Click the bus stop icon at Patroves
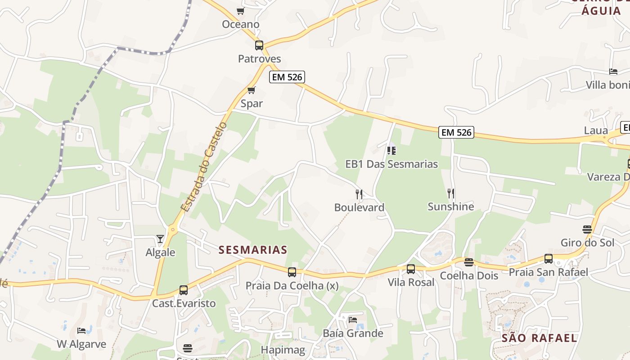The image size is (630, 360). click(x=259, y=45)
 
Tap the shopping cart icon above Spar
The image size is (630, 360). click(x=252, y=90)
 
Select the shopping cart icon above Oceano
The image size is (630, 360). click(x=241, y=11)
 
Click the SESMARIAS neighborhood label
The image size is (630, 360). click(x=253, y=250)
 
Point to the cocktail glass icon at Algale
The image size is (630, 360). click(x=160, y=238)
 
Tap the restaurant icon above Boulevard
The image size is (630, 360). click(x=359, y=194)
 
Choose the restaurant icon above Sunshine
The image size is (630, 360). click(x=451, y=193)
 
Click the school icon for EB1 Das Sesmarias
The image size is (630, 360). click(x=391, y=150)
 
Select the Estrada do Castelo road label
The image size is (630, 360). click(x=203, y=166)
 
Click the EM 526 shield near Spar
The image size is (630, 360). click(x=287, y=77)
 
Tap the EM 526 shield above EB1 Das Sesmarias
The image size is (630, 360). click(x=457, y=132)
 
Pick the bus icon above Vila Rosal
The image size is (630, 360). click(x=411, y=269)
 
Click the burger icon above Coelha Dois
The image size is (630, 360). click(x=469, y=262)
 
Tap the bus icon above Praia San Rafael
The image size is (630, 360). click(x=549, y=259)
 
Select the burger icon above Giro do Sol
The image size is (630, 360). click(x=587, y=229)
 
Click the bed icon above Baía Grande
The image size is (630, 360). click(x=353, y=320)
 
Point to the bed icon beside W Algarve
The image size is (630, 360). click(x=81, y=331)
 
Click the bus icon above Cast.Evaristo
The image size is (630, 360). click(x=184, y=290)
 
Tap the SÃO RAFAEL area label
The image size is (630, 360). click(x=539, y=338)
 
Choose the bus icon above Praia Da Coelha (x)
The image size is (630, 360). click(x=292, y=272)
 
